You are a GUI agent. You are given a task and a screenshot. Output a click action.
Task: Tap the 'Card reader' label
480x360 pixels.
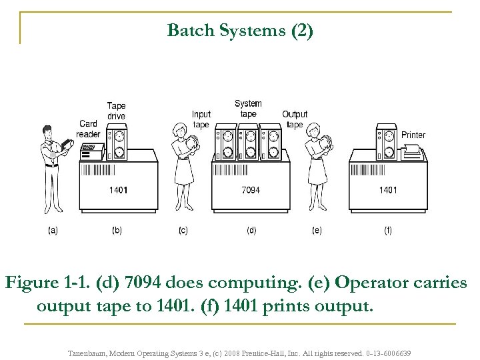point(88,128)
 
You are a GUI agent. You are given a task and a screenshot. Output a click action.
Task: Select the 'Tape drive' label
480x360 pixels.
point(116,111)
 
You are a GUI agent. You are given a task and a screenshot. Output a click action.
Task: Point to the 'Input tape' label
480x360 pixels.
point(201,119)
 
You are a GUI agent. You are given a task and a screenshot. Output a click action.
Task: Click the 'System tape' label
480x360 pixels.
point(248,108)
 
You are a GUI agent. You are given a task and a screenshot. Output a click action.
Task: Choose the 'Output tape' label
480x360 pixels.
point(295,119)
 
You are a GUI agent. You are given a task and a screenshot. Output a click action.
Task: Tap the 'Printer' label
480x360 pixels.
point(413,135)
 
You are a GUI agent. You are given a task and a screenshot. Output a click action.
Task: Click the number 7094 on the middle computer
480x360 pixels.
point(251,191)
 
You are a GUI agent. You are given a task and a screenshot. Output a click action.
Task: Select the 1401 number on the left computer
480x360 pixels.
point(118,191)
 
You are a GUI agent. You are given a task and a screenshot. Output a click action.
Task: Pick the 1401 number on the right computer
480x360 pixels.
point(388,191)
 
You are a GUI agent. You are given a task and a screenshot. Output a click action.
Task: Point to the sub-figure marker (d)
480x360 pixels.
point(251,231)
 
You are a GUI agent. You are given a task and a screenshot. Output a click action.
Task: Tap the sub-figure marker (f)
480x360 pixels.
point(388,231)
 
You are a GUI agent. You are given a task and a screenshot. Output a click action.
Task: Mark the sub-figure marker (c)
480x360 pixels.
point(183,231)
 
